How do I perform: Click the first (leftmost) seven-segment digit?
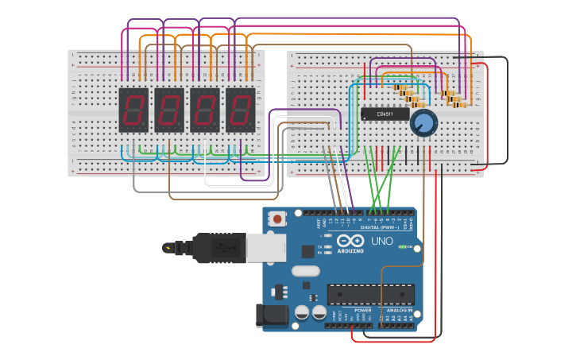pyautogui.click(x=133, y=110)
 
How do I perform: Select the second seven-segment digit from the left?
pyautogui.click(x=168, y=110)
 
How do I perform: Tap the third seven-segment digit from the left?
pyautogui.click(x=204, y=110)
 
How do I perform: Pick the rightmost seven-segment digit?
pyautogui.click(x=240, y=110)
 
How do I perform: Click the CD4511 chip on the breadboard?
pyautogui.click(x=385, y=114)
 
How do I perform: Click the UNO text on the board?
pyautogui.click(x=382, y=241)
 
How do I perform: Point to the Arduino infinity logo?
pyautogui.click(x=350, y=241)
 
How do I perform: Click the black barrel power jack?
pyautogui.click(x=270, y=315)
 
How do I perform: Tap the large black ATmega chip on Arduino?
pyautogui.click(x=370, y=294)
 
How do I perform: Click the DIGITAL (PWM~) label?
pyautogui.click(x=380, y=227)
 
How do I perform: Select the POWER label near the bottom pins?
pyautogui.click(x=362, y=310)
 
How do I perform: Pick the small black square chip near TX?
pyautogui.click(x=307, y=252)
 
